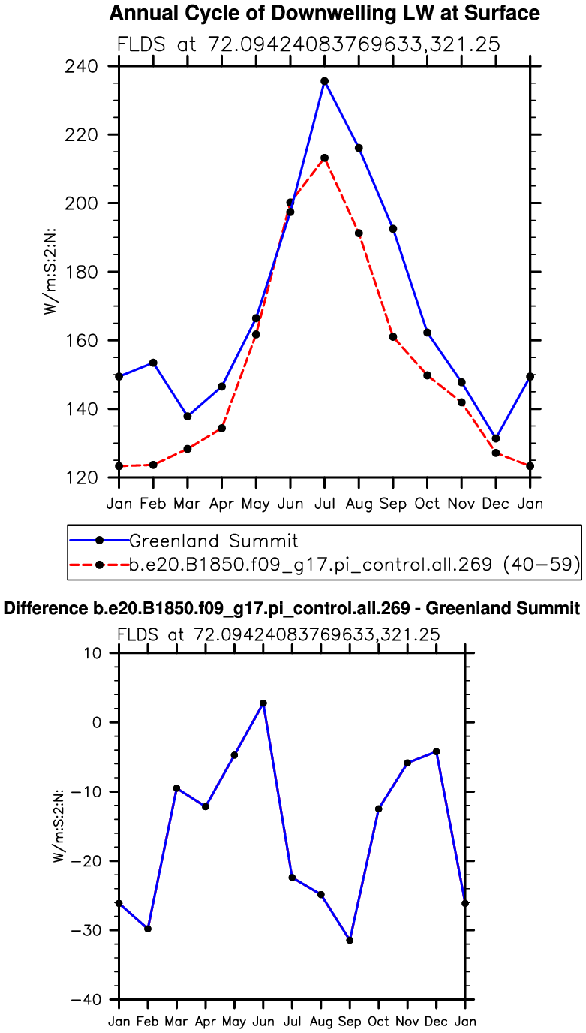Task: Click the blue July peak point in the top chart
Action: coord(325,81)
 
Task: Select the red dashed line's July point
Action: coord(325,158)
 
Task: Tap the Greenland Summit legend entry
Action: coord(214,541)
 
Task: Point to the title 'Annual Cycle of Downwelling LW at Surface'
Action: coord(324,13)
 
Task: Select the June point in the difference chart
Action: coord(263,703)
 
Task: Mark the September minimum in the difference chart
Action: coord(350,940)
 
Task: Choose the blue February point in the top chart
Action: coord(153,363)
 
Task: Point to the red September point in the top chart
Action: coord(393,336)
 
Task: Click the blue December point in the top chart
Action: coord(496,438)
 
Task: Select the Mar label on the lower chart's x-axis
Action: coord(176,1021)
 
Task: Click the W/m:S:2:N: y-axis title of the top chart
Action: coord(50,272)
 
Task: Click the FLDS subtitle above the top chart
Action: coord(308,44)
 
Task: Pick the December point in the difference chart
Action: coord(436,751)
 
